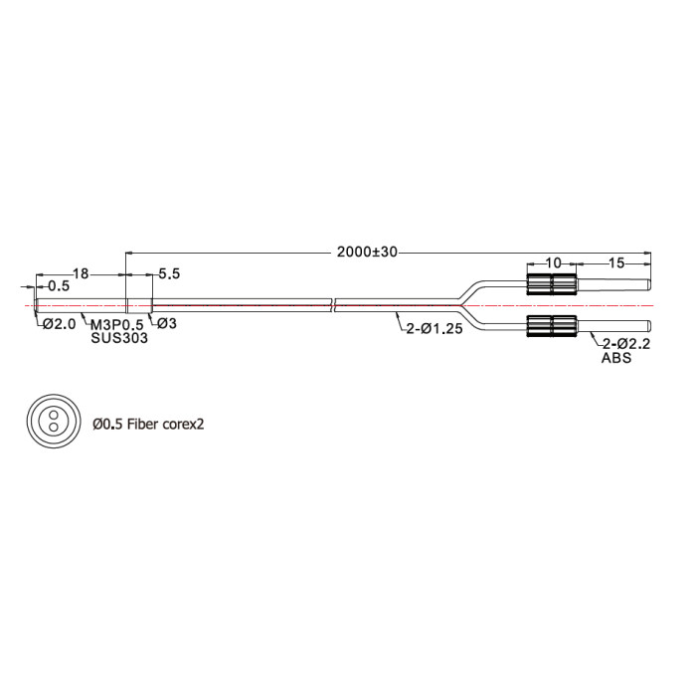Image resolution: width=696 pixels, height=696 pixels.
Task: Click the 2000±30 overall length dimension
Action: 367,252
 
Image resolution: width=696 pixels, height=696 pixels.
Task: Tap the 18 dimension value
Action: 81,273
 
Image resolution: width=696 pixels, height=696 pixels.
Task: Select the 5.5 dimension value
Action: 169,273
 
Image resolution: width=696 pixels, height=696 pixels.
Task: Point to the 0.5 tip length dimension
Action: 59,286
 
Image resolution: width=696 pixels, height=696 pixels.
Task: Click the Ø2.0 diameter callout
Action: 60,324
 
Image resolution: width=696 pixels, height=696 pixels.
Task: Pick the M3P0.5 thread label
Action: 117,325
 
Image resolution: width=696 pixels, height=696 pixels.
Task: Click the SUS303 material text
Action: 119,338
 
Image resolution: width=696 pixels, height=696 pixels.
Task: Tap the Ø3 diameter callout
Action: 167,323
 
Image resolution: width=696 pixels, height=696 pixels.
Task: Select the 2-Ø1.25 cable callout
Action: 435,329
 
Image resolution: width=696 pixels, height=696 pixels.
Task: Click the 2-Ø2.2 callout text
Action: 625,344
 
